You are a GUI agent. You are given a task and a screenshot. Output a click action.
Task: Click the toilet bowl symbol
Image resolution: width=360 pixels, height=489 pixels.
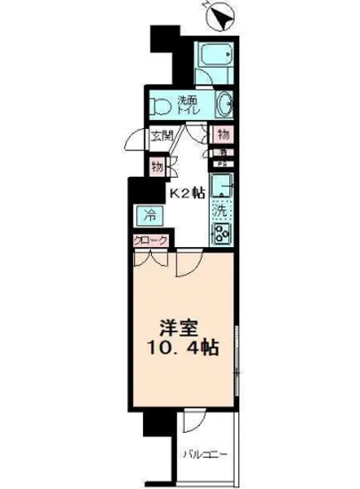(x=161, y=106)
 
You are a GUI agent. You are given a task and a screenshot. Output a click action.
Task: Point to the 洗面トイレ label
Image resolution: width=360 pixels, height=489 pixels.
(x=188, y=103)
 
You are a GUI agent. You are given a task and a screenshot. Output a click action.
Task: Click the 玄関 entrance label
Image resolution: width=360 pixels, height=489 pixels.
(x=162, y=136)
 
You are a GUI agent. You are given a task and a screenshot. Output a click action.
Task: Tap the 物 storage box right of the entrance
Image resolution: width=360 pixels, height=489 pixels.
(x=221, y=135)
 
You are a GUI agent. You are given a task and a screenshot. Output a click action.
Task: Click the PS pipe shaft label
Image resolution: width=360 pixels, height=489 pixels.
(x=219, y=164)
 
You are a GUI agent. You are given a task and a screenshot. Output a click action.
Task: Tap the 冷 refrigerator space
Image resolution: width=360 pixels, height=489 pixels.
(x=150, y=215)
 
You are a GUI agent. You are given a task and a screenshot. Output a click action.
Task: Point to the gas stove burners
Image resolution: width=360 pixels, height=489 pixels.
(x=220, y=233)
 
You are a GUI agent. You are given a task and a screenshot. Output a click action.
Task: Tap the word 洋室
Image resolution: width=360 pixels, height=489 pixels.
(x=178, y=325)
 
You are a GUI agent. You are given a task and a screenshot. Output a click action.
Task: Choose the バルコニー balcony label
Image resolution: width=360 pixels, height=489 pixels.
(x=207, y=455)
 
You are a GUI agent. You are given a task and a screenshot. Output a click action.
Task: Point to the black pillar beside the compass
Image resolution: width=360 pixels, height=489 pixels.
(x=160, y=40)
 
